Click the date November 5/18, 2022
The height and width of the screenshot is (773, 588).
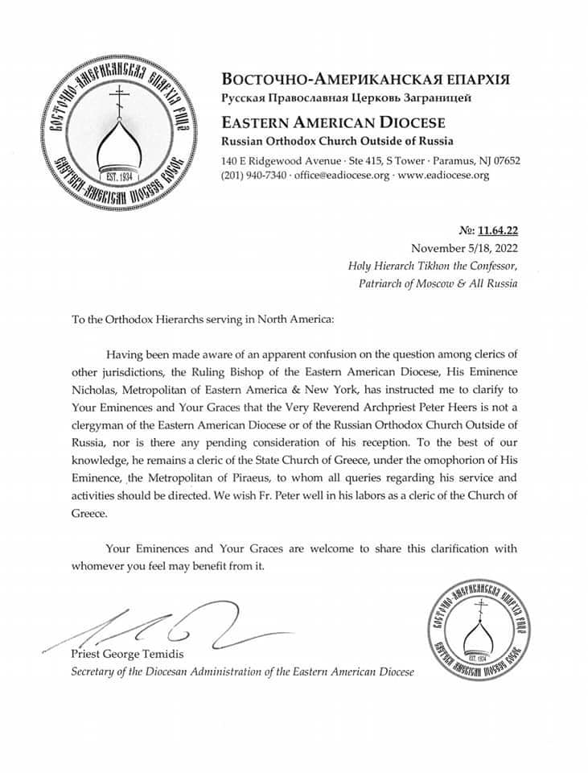coord(466,247)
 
